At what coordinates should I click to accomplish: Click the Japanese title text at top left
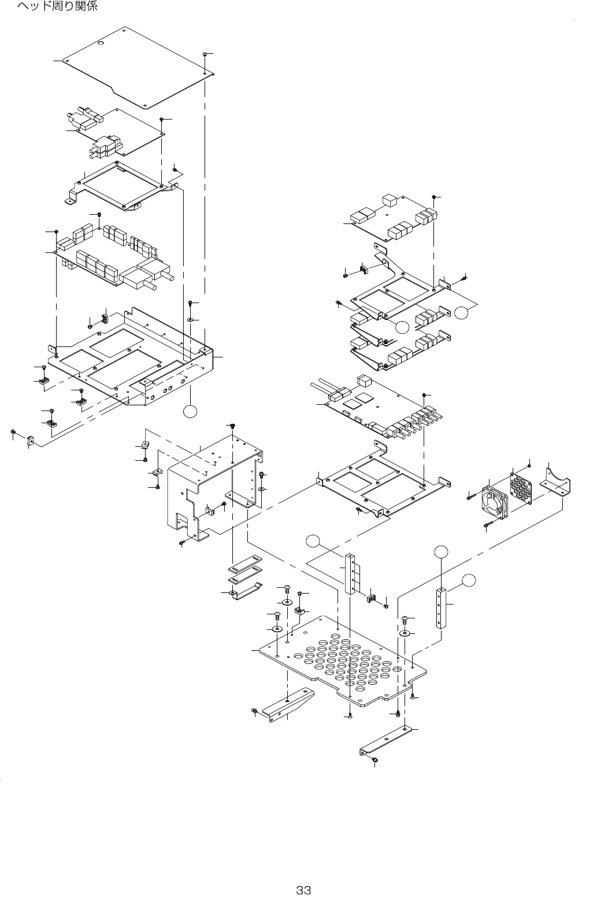(57, 7)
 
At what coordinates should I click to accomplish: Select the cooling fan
(495, 500)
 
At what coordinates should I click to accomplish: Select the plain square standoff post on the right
(442, 607)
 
